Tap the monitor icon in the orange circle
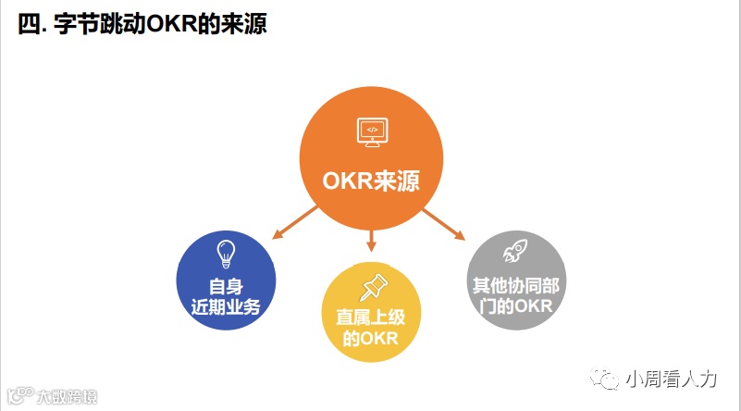tap(371, 131)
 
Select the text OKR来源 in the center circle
tap(371, 180)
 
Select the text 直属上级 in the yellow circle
tap(371, 317)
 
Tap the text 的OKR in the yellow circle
tap(371, 339)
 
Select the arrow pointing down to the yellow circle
tap(371, 241)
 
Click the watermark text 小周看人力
tap(672, 380)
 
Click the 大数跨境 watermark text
tap(66, 396)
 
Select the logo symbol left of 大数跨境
tap(19, 396)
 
